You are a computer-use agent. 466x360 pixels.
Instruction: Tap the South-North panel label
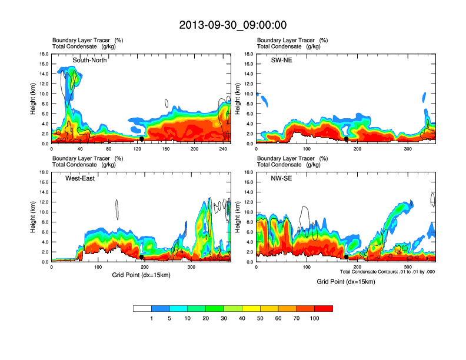(89, 60)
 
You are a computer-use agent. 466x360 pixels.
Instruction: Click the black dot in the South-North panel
(142, 139)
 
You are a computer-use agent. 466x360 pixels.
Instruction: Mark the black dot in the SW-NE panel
(347, 139)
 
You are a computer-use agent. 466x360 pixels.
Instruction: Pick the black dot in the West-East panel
(142, 257)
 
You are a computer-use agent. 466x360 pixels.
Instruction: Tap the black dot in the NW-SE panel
(347, 257)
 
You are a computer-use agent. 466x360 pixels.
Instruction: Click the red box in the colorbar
(324, 308)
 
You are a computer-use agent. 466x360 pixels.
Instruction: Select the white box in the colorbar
(142, 308)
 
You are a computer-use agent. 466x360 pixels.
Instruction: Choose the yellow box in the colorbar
(251, 308)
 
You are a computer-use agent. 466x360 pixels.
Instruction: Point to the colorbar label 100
(315, 318)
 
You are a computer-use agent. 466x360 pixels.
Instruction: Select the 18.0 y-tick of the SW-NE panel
(248, 54)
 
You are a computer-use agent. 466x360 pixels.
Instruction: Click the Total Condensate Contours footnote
(387, 272)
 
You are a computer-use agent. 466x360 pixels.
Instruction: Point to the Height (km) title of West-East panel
(32, 217)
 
